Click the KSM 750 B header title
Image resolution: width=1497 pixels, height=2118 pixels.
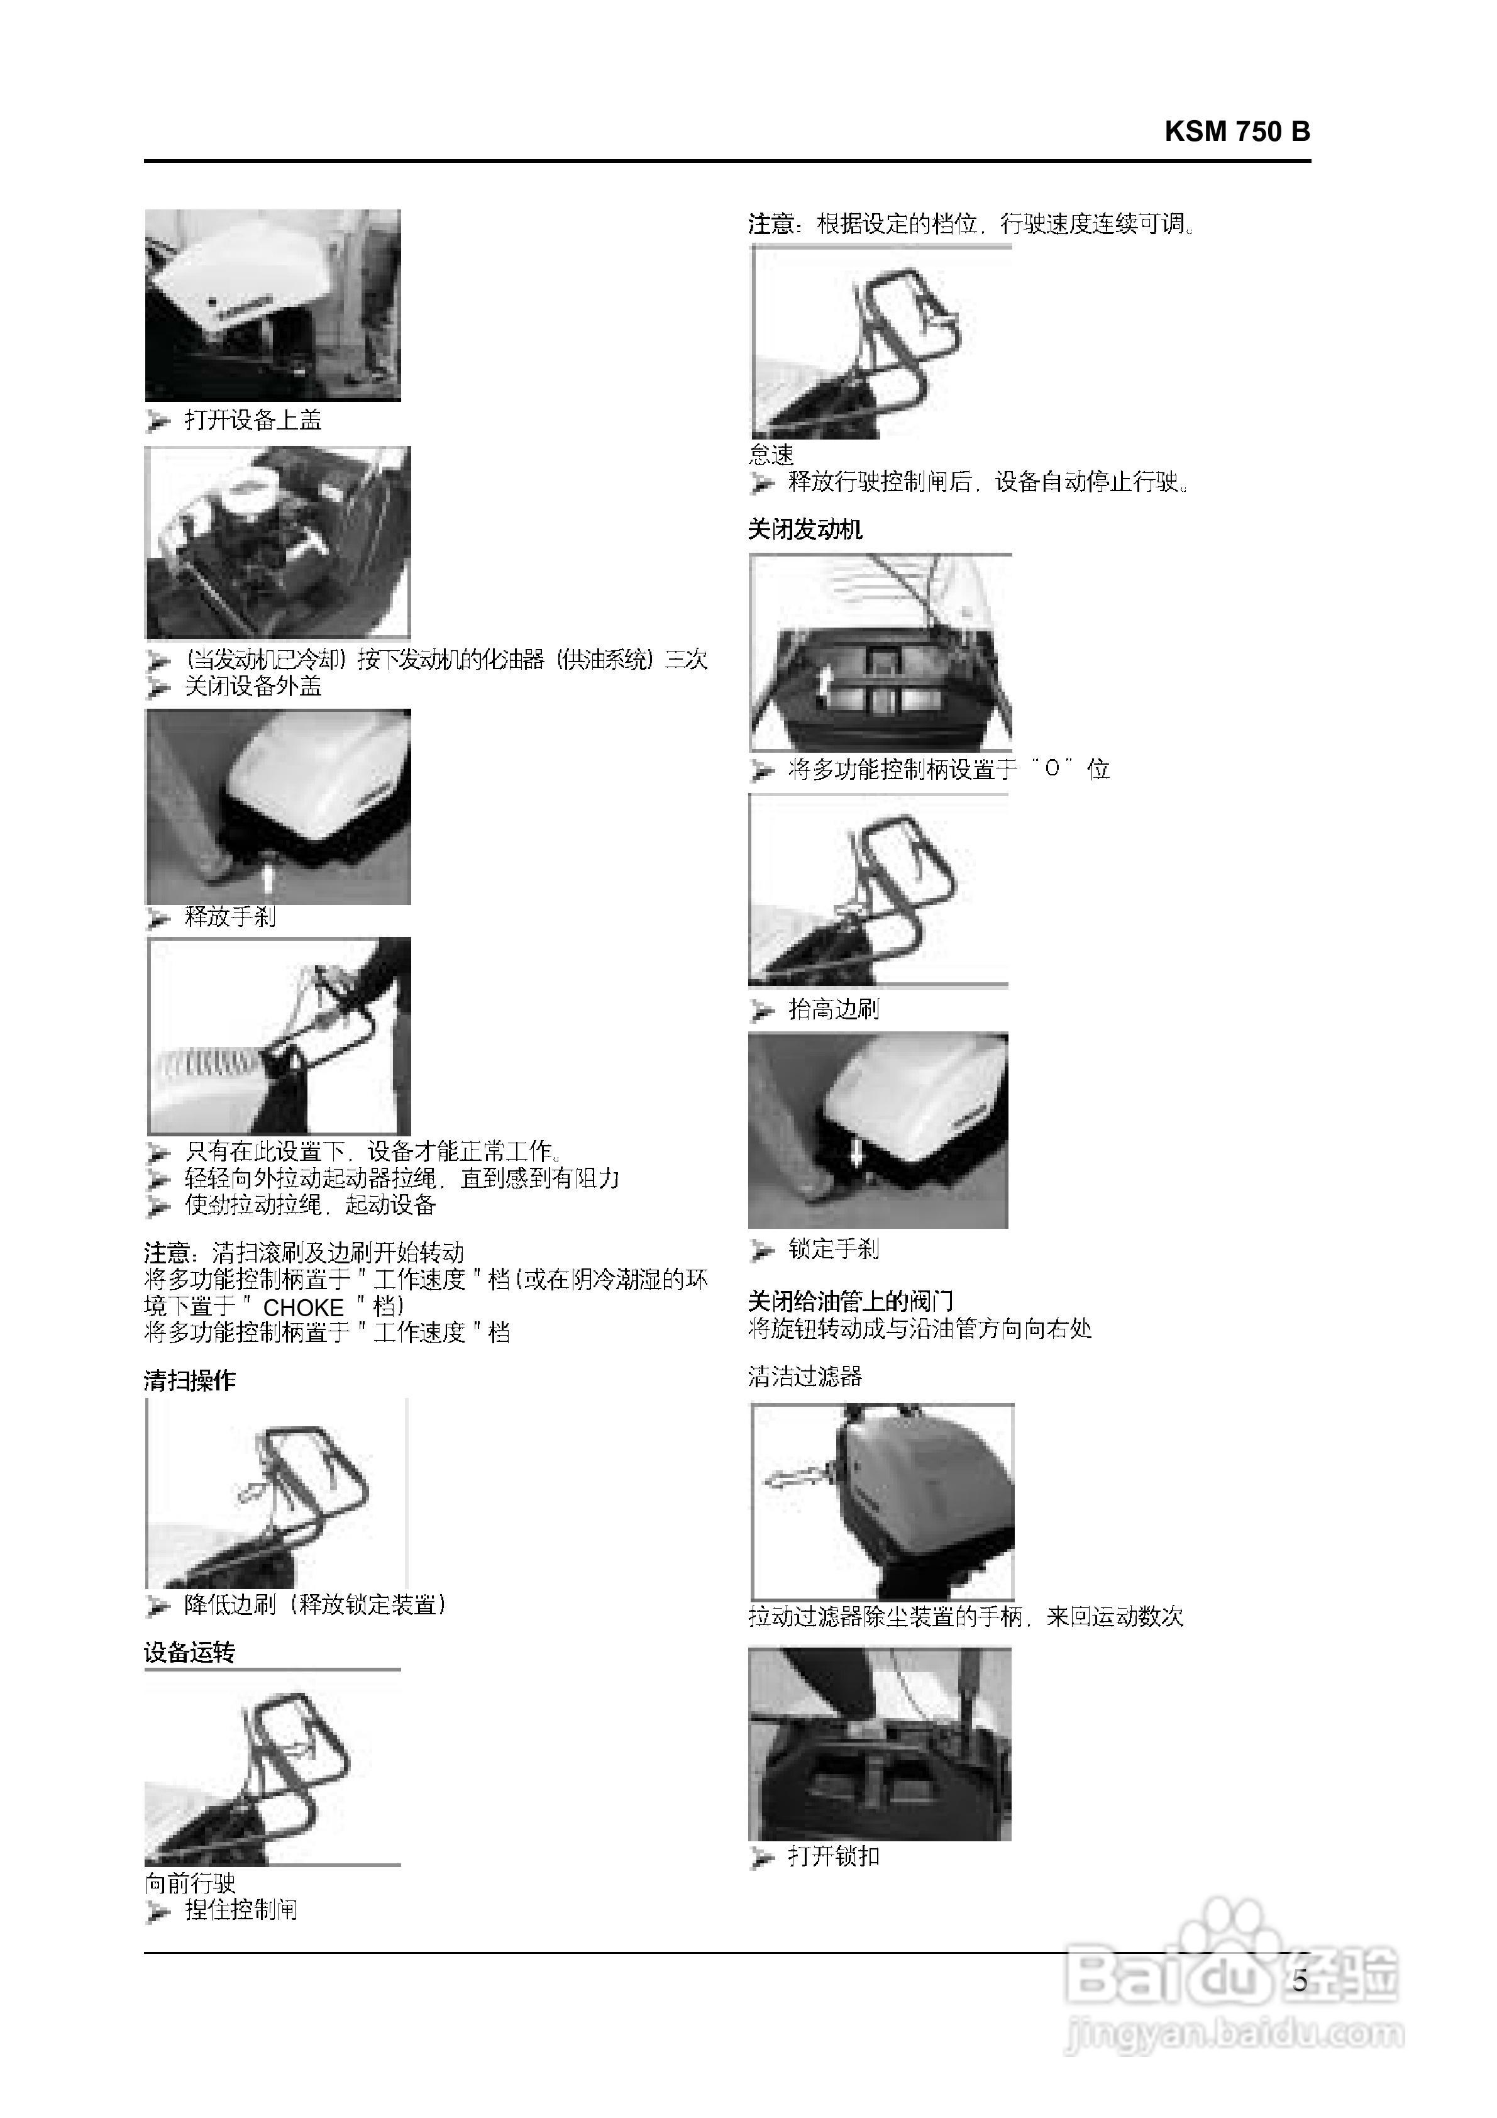click(x=1236, y=132)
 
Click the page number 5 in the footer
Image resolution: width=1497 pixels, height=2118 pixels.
click(x=1300, y=1980)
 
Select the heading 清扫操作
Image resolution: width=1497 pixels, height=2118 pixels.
click(x=190, y=1380)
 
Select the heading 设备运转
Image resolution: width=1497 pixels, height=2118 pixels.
click(x=190, y=1652)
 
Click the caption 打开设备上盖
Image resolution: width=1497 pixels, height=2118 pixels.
click(x=253, y=421)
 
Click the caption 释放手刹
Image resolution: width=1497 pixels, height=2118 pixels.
click(x=229, y=917)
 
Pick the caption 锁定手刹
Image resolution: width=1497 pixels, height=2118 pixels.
click(x=833, y=1249)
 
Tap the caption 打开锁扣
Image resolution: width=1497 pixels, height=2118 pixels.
click(x=833, y=1856)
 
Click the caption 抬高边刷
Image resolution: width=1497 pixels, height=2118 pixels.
click(x=833, y=1009)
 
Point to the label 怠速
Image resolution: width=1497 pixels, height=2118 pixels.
click(x=771, y=454)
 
